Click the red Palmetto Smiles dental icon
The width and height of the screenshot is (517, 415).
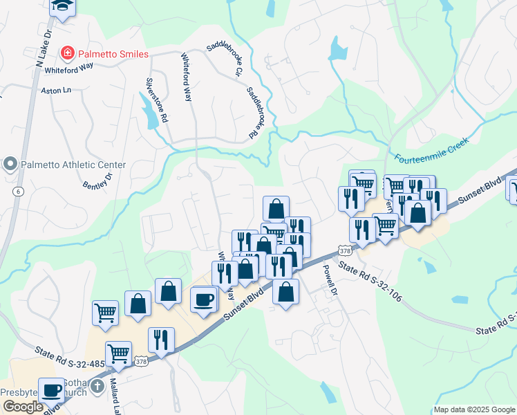point(67,52)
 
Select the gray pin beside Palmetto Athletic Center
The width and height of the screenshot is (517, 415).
point(10,165)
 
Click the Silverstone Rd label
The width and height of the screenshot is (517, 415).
point(156,100)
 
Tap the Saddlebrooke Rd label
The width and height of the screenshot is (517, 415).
point(256,111)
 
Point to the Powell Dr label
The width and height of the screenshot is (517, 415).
point(329,281)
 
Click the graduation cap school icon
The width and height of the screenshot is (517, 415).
point(63,7)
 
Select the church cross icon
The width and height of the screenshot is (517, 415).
point(97,386)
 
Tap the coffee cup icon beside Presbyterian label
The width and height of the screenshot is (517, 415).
point(52,389)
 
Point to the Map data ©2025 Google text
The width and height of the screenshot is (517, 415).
point(473,409)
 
